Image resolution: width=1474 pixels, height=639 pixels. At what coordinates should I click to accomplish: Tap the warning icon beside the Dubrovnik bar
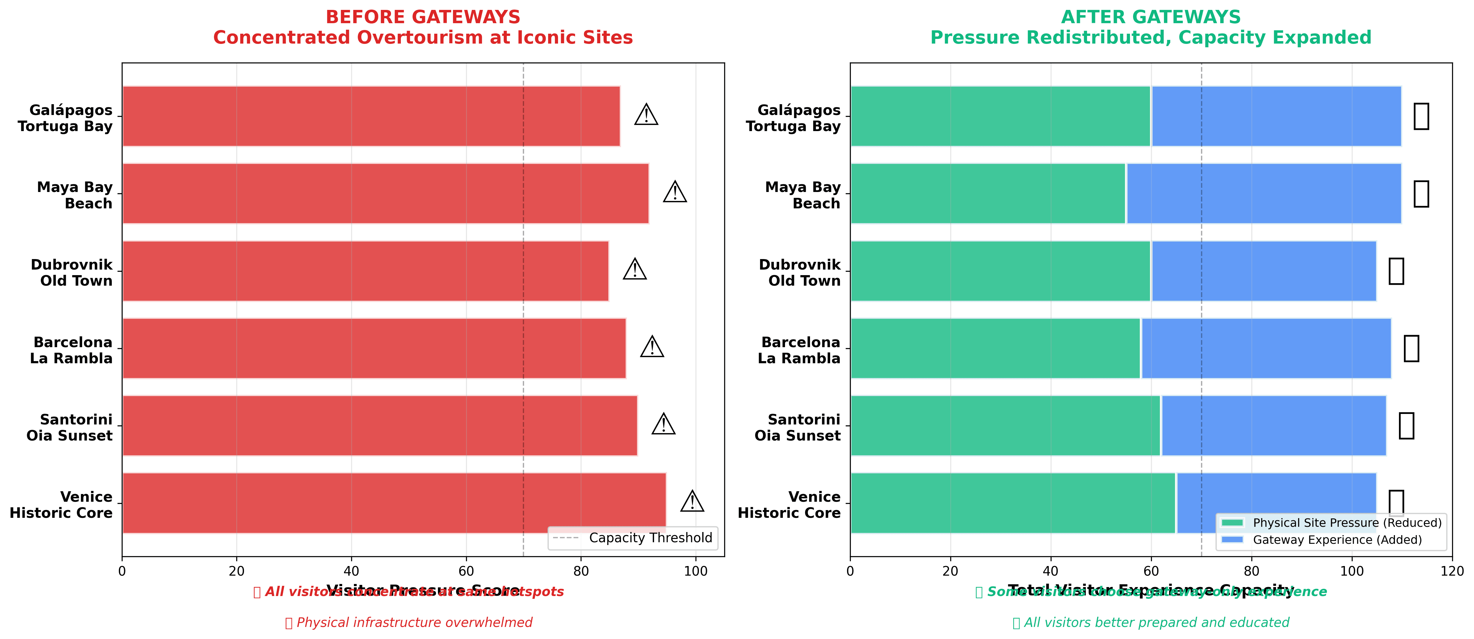coord(635,269)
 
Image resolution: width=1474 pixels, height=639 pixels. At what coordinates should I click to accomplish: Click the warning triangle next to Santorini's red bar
coord(663,424)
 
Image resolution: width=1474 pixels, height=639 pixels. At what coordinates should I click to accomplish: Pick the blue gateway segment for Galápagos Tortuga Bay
coord(1276,116)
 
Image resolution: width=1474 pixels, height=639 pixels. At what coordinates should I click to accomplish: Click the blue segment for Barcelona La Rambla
coord(1266,348)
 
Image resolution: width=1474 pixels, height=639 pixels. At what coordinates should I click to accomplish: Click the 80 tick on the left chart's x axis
coord(581,571)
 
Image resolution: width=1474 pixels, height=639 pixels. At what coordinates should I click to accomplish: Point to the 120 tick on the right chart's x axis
coord(1452,571)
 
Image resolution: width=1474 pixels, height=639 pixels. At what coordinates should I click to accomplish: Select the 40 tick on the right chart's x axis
coord(1051,571)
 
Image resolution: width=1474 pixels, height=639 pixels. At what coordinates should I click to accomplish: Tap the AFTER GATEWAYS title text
coord(1151,17)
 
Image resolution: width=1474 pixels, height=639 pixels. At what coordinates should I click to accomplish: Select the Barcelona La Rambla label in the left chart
coord(72,350)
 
